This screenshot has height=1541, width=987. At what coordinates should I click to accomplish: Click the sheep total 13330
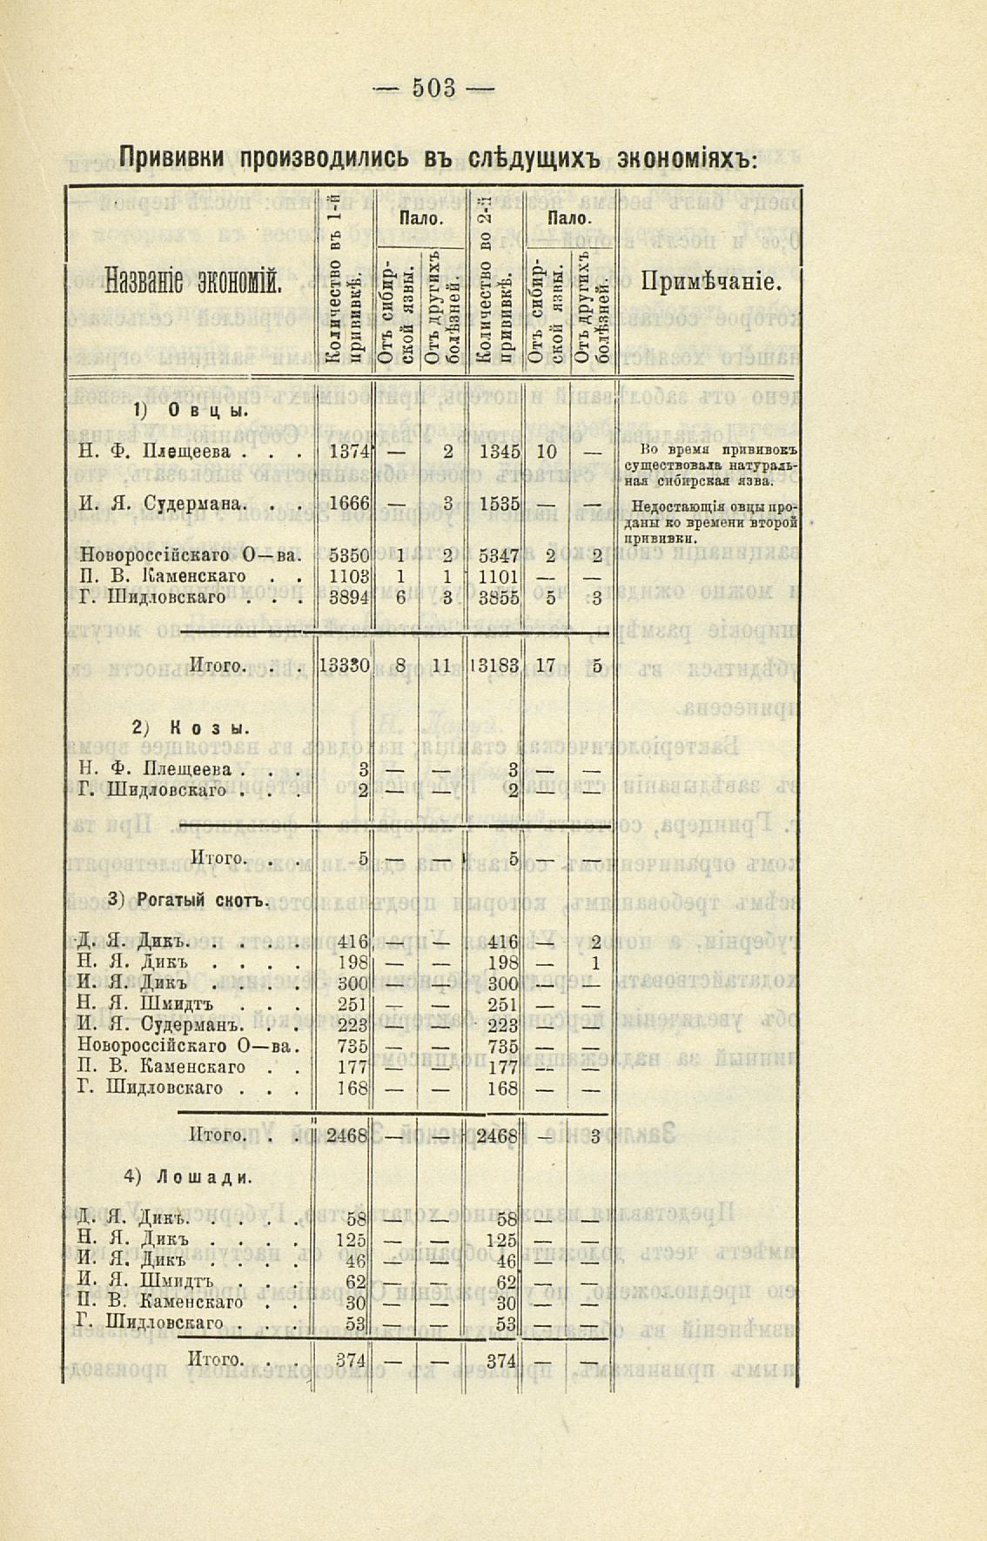pyautogui.click(x=345, y=666)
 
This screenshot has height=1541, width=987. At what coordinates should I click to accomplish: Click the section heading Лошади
pyautogui.click(x=204, y=1177)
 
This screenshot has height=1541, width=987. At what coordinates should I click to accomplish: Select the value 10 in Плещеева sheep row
pyautogui.click(x=546, y=452)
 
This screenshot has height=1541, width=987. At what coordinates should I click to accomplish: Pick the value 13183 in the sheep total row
pyautogui.click(x=494, y=666)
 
